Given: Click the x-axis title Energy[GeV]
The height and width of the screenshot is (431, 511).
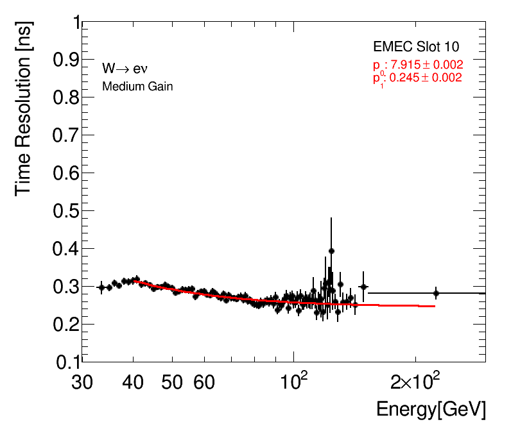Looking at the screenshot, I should point(431,409).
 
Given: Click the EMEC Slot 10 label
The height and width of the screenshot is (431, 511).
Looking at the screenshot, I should point(416,47).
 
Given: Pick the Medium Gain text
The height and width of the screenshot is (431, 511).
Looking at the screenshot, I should point(137,86).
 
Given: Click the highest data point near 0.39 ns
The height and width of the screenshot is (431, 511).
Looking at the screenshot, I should point(331,251).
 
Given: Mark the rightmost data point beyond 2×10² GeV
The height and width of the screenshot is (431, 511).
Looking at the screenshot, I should point(436,293).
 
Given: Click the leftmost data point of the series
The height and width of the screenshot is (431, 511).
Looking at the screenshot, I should point(101,287).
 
